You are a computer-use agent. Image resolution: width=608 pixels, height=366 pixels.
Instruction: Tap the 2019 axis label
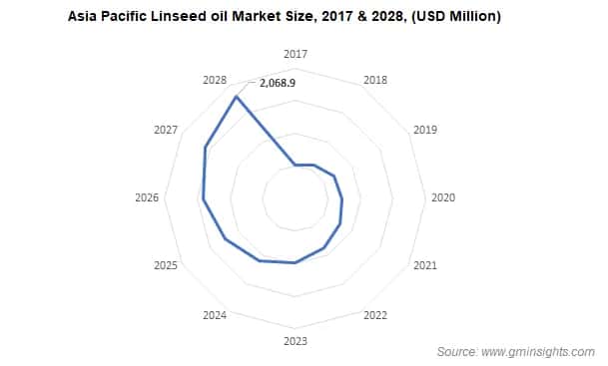[x=425, y=130]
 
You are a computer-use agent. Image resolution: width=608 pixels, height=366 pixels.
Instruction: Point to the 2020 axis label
[x=442, y=197]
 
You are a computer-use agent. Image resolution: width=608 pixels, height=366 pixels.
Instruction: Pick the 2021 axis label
[x=425, y=265]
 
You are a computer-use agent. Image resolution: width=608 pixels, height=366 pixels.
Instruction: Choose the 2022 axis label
[x=375, y=316]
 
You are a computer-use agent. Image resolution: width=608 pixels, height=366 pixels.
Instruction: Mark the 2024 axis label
[x=214, y=316]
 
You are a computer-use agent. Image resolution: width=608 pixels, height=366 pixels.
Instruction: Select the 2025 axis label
[x=166, y=265]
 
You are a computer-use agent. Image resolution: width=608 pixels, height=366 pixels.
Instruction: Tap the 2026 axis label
[x=147, y=197]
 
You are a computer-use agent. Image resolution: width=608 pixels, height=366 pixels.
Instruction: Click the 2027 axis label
[x=166, y=130]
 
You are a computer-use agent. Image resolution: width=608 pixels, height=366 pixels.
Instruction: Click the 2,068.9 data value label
[x=278, y=83]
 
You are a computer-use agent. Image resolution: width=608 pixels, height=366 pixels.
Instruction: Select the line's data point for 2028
[x=236, y=97]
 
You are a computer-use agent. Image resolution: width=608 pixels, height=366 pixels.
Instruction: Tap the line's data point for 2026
[x=204, y=199]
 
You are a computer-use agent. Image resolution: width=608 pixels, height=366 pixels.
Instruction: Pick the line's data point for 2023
[x=295, y=263]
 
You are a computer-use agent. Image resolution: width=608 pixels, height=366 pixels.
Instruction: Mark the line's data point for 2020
[x=342, y=199]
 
